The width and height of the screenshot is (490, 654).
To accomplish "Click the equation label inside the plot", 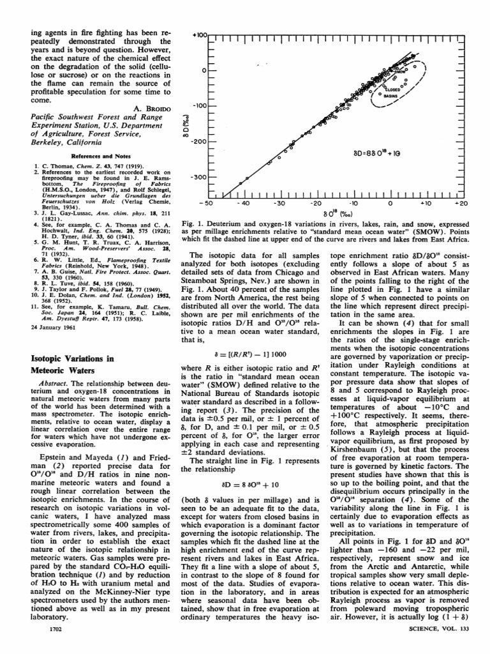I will (x=378, y=153).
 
